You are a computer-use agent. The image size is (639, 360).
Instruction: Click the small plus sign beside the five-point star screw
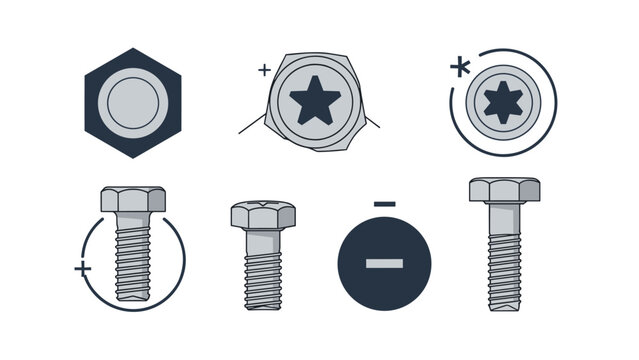(264, 70)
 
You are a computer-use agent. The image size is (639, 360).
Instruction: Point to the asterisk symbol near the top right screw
(459, 68)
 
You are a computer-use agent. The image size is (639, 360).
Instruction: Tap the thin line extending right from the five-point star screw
(375, 125)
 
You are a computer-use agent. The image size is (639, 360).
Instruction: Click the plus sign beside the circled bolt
(82, 269)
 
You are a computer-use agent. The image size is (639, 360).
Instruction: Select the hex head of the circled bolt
(134, 200)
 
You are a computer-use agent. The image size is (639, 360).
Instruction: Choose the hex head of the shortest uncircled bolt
(263, 215)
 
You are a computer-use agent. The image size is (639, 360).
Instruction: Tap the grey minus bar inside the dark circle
(384, 264)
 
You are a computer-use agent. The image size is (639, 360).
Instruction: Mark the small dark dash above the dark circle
(384, 204)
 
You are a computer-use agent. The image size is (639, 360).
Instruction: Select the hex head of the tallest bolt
(505, 190)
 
